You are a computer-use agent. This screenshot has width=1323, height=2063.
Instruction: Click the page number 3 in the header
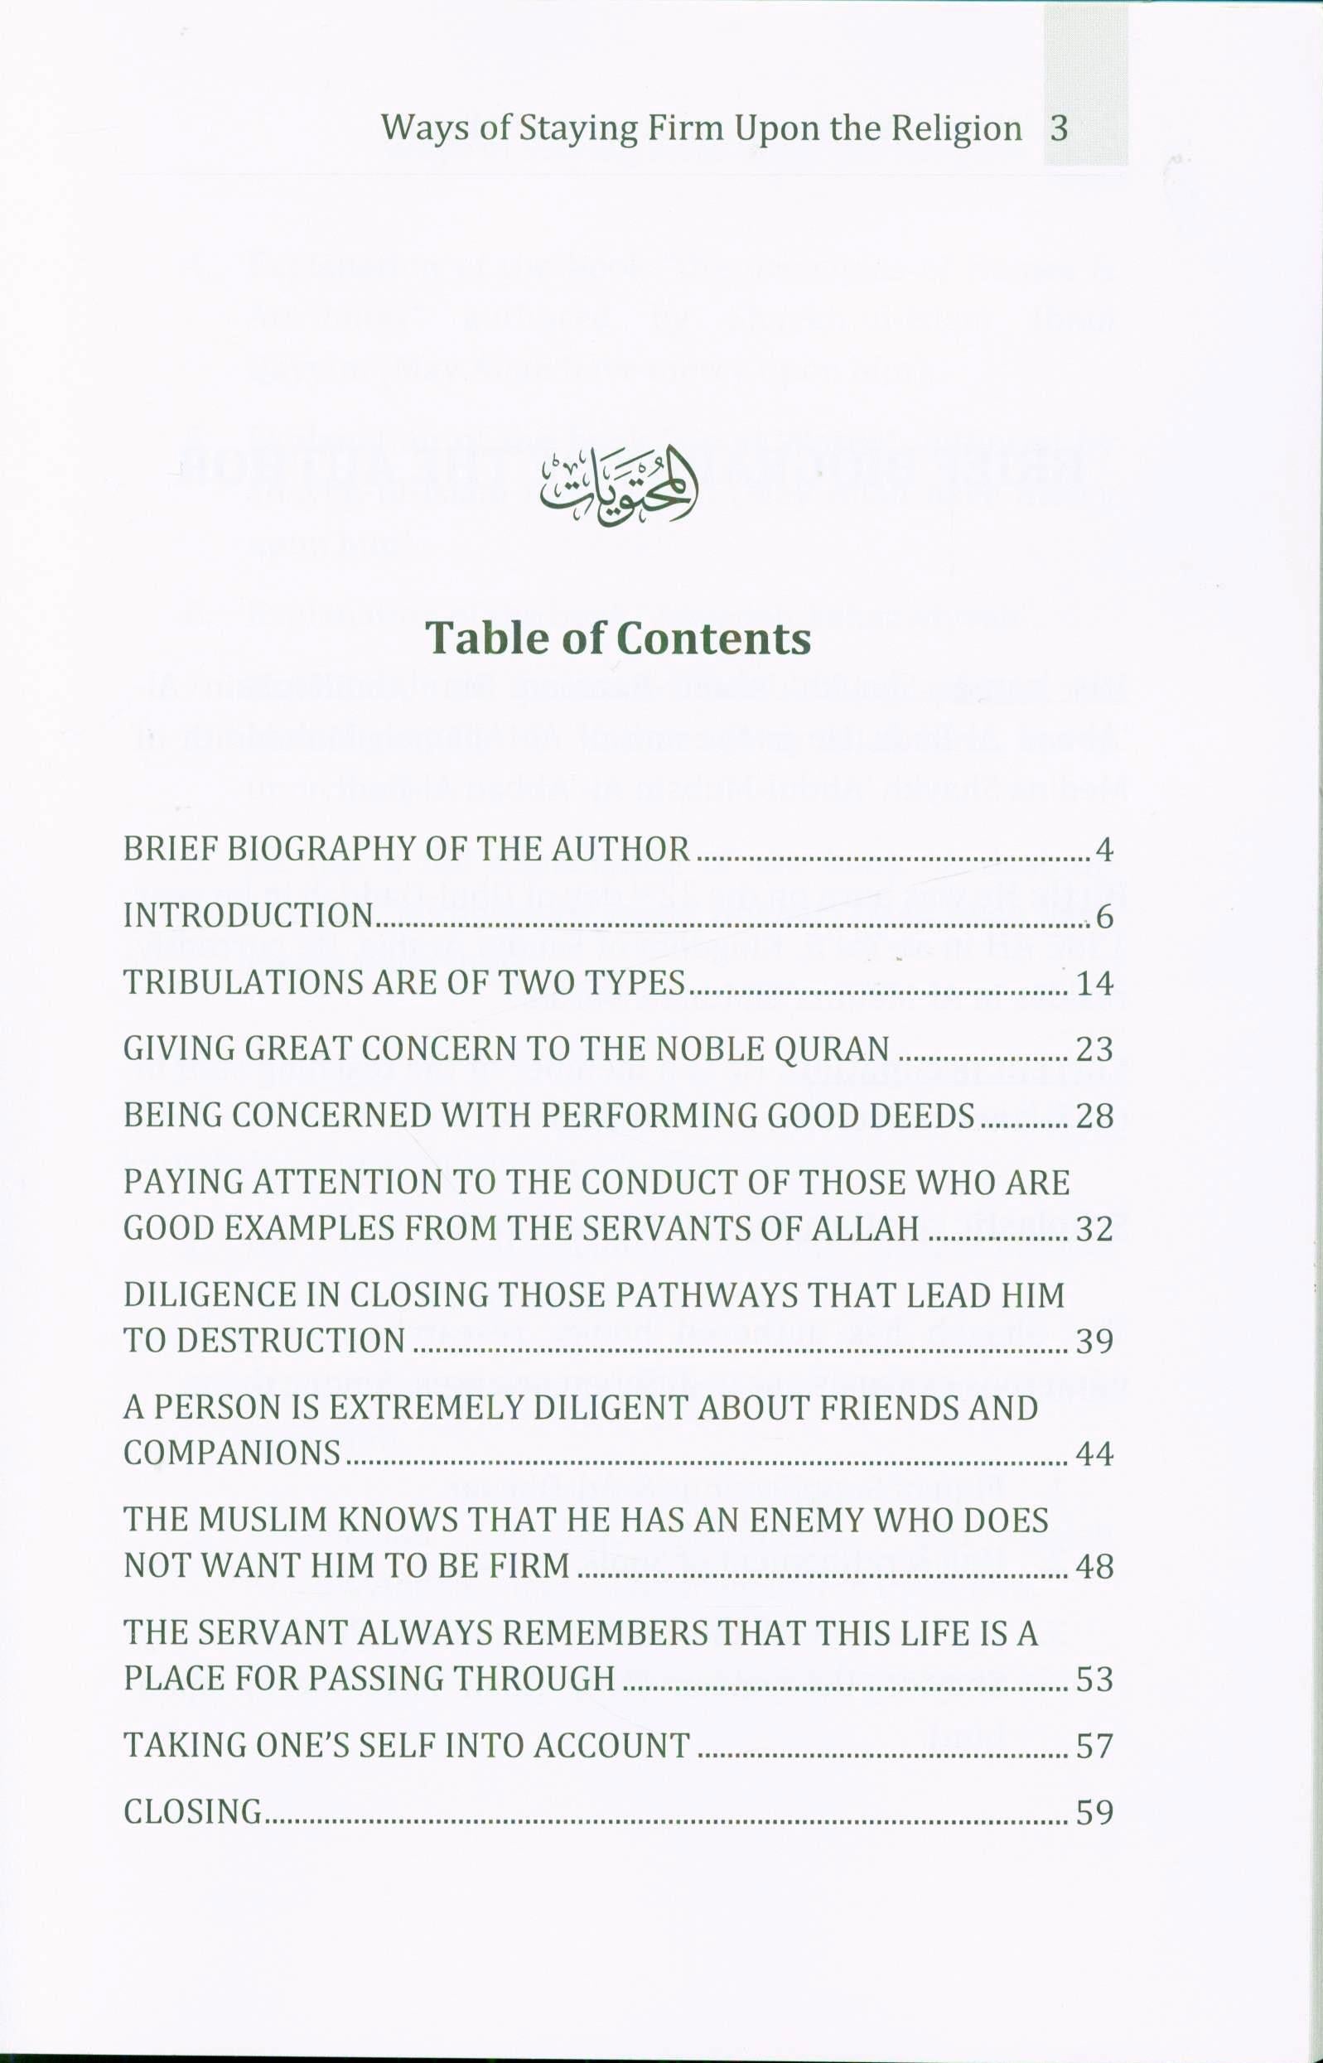point(1060,129)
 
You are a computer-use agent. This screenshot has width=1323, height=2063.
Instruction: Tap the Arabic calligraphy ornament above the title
point(619,485)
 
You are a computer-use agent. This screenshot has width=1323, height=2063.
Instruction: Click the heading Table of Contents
point(619,639)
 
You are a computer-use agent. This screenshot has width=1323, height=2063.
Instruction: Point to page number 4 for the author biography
point(1104,851)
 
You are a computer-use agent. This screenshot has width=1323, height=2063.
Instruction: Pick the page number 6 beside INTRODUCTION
point(1105,918)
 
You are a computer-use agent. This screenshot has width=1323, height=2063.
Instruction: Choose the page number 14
point(1094,983)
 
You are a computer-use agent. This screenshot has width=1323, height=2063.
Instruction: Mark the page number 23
point(1094,1049)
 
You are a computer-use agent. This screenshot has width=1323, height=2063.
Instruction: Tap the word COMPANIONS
point(233,1453)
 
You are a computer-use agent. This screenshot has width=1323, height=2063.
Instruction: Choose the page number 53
point(1094,1679)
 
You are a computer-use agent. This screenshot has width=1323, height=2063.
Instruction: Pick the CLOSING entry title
point(193,1811)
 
